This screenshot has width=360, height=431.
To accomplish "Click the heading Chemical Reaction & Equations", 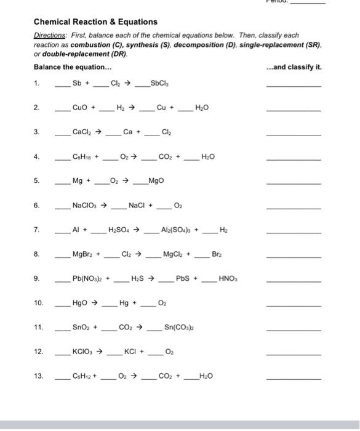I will pos(95,22).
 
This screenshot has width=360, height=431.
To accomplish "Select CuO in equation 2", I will pos(81,108).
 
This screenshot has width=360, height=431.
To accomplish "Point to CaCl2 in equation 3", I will pos(82,132).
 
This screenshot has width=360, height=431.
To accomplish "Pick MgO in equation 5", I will pos(156,181).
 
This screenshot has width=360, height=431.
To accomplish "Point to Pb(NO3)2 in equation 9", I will pos(87,278).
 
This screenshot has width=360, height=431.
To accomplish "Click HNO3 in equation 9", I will pos(228,278).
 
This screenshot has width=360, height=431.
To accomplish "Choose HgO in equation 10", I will pos(80,303).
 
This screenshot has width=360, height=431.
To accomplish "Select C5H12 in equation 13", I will pos(82,376).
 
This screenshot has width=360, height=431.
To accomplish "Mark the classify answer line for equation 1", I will pos(293,86).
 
